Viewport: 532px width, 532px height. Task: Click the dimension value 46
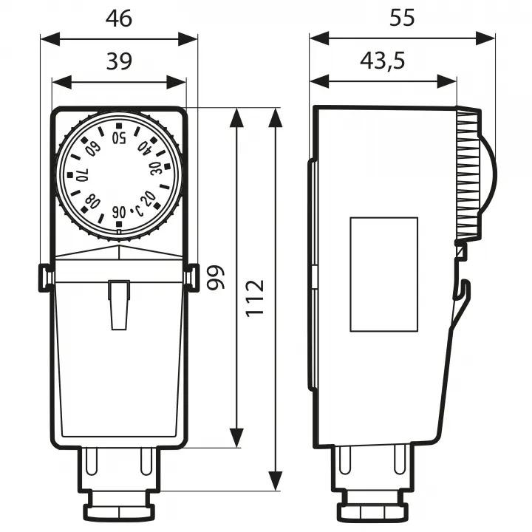coord(118,18)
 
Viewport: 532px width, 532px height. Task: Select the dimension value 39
coord(118,62)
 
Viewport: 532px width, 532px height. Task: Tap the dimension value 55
coord(402,18)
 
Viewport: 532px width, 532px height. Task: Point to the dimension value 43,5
coord(382,62)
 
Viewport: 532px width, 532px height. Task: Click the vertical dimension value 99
coord(215,276)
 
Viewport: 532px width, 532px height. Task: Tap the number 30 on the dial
coord(156,168)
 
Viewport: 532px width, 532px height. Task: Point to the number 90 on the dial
coord(119,212)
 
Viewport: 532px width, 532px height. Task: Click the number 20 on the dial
coord(148,198)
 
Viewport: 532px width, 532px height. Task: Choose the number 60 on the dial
coord(93,149)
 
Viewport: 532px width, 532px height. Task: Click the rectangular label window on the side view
coord(383,273)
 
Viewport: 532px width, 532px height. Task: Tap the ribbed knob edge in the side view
coord(468,176)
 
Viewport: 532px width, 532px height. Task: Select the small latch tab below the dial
coord(118,303)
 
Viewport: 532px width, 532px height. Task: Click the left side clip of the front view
coord(45,277)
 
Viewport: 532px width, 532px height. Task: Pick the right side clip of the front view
coord(192,277)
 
